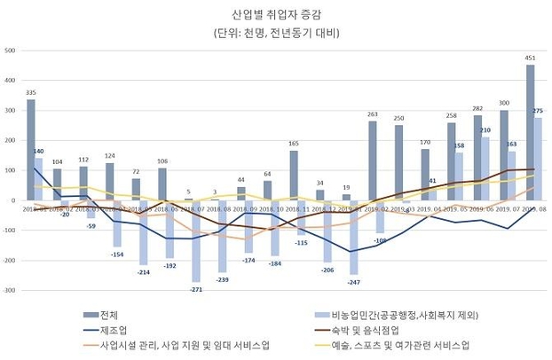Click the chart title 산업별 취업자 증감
(276, 14)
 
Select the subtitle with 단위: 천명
(276, 34)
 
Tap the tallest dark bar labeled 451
(530, 133)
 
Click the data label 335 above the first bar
(31, 92)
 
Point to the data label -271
(196, 290)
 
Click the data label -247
(352, 281)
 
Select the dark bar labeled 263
(373, 160)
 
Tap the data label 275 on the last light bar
(538, 111)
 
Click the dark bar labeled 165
(294, 176)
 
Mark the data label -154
(118, 254)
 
